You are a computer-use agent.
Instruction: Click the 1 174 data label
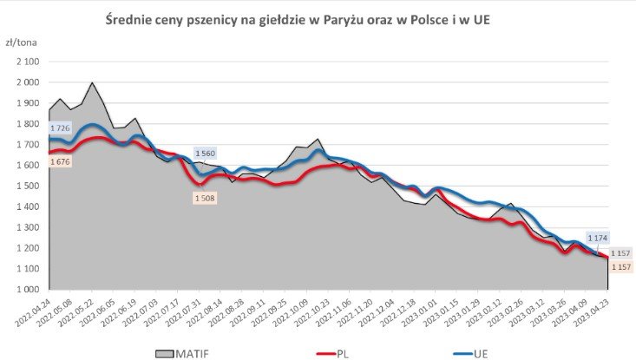tap(597, 237)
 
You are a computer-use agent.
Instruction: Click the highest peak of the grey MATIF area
tap(92, 82)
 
